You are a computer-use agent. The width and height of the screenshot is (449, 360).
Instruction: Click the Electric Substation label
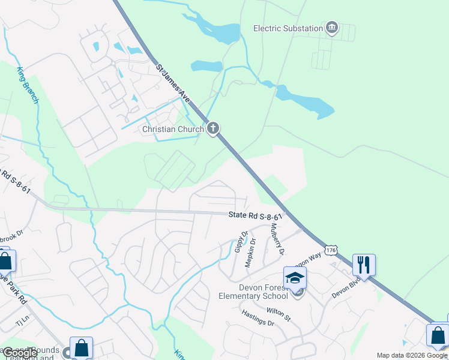(288, 28)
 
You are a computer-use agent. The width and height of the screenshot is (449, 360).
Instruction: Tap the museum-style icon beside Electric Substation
(331, 28)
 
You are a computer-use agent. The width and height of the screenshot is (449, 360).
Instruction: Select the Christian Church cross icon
(212, 128)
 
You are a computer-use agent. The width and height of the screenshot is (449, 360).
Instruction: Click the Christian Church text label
(173, 129)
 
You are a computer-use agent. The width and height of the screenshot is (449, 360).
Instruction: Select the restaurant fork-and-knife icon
(364, 265)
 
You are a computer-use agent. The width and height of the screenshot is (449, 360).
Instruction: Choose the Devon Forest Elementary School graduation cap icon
(295, 277)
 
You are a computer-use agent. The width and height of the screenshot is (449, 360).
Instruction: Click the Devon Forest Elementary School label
(264, 292)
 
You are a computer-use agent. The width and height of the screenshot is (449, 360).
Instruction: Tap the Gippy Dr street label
(241, 242)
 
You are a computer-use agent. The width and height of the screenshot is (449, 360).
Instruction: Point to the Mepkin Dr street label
(252, 252)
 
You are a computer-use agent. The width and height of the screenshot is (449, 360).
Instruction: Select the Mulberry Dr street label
(277, 239)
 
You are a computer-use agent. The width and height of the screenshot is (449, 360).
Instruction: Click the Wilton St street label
(278, 313)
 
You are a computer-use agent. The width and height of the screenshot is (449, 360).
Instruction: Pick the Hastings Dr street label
(258, 318)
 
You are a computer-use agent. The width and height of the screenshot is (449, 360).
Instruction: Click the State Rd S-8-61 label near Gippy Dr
(255, 216)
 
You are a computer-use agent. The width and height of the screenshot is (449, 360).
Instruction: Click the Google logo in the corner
(19, 353)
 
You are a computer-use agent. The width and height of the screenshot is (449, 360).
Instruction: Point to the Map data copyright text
(411, 355)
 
